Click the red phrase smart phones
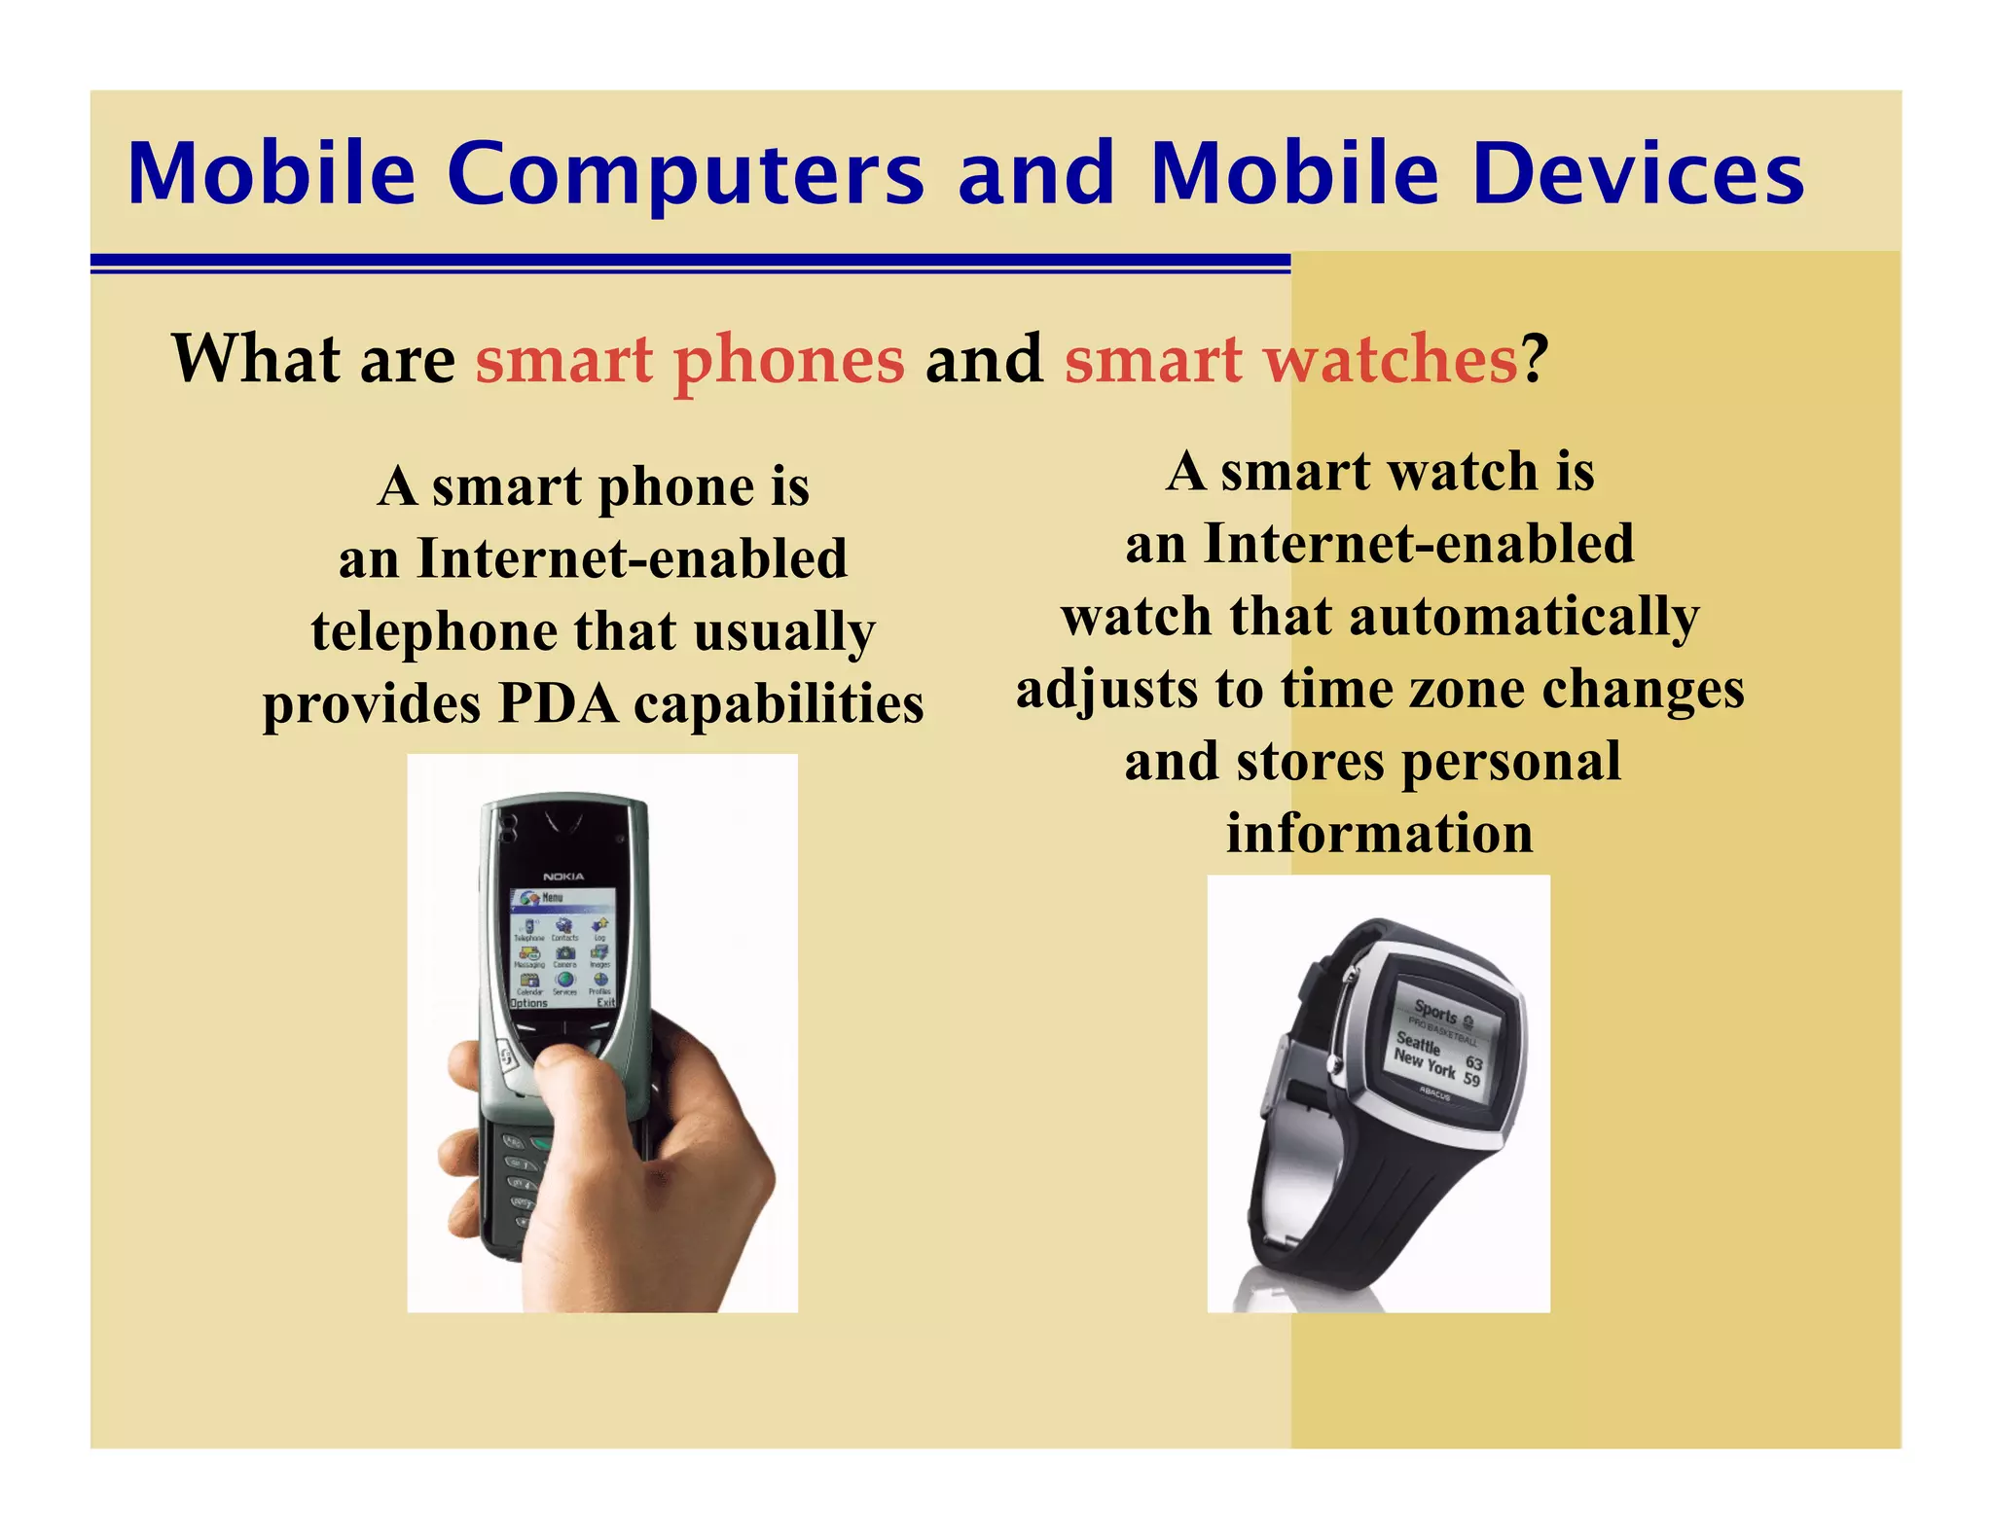coord(690,360)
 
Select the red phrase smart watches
coord(1290,360)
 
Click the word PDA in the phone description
coord(558,703)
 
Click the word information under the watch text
coord(1379,834)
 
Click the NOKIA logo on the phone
coord(563,877)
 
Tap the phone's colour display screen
coord(563,948)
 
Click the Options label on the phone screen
coord(529,1003)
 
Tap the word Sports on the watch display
coord(1436,1012)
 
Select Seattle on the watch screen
coord(1418,1044)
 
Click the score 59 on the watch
coord(1471,1080)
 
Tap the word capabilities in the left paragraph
coord(779,703)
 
